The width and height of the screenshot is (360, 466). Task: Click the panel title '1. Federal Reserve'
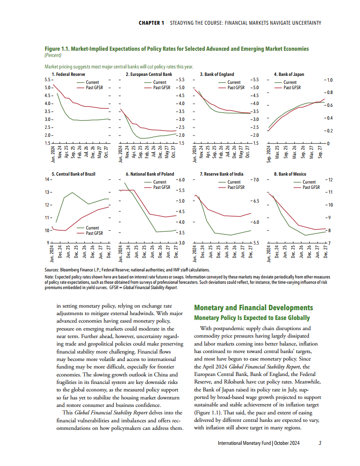click(68, 74)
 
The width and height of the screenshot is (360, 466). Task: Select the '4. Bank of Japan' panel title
click(289, 74)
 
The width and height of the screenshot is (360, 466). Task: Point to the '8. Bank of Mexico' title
click(290, 174)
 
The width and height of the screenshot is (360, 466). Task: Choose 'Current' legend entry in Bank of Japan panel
click(290, 83)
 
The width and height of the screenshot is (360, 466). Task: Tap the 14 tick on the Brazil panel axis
click(47, 180)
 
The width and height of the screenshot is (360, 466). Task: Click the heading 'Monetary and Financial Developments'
click(254, 308)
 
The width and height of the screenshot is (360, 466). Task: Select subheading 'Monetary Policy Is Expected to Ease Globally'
click(252, 318)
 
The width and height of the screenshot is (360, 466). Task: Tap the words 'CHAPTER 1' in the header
click(151, 23)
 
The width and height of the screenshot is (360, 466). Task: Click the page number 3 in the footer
click(319, 443)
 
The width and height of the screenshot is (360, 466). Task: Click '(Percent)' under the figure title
click(53, 55)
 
